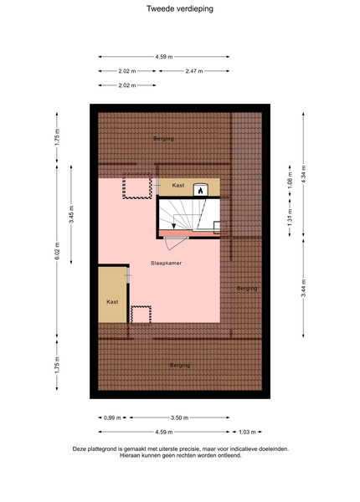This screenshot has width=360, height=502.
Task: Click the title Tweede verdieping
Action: (180, 8)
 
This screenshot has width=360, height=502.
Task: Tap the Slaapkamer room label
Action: (167, 264)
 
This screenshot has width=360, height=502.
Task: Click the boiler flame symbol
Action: (200, 191)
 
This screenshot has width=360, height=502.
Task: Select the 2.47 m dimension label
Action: (194, 71)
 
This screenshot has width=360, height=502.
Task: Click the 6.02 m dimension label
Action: (57, 251)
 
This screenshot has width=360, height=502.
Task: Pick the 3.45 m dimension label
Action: (71, 214)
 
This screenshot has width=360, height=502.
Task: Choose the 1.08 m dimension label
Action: (290, 181)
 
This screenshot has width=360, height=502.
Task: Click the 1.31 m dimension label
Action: (290, 218)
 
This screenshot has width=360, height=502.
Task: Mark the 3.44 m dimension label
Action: (303, 288)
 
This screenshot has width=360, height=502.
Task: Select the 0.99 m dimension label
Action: (112, 417)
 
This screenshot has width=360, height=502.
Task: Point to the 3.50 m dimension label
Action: (179, 417)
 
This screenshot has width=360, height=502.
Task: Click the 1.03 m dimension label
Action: (247, 433)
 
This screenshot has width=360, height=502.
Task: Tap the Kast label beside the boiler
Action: (178, 186)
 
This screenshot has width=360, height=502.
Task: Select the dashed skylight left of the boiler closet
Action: (137, 187)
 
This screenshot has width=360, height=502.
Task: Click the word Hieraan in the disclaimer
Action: (130, 455)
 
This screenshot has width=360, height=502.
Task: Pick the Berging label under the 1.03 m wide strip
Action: (247, 289)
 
